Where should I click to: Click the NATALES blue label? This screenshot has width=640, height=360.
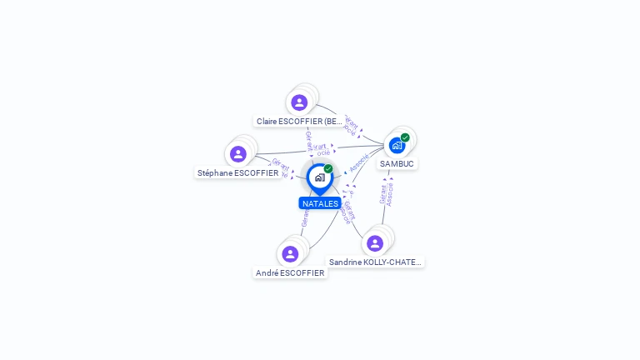tap(320, 203)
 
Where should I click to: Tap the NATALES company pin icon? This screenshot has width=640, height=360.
tap(319, 177)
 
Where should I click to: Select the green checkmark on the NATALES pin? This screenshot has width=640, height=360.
tap(328, 169)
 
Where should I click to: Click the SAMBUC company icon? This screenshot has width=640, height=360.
tap(397, 145)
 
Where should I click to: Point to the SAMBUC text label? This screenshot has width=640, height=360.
tap(397, 164)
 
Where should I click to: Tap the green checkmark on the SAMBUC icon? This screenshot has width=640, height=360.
tap(405, 137)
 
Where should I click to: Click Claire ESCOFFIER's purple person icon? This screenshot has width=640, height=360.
tap(299, 102)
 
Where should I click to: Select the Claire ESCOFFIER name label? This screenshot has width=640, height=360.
tap(299, 122)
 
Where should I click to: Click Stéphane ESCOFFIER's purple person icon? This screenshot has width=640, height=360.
tap(238, 154)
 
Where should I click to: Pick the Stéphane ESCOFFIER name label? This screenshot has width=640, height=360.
tap(238, 173)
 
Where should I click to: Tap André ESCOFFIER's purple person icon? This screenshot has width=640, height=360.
tap(290, 253)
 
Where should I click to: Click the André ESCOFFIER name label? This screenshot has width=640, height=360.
tap(290, 272)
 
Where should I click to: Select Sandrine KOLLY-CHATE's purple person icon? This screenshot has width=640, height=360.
tap(375, 242)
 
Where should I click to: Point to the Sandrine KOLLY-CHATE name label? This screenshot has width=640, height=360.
tap(375, 262)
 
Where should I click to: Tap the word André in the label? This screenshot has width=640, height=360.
tap(267, 272)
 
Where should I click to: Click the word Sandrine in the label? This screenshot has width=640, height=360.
tap(346, 262)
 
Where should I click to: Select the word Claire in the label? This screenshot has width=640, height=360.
tap(267, 122)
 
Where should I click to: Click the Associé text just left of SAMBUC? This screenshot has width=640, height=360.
tap(359, 162)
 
